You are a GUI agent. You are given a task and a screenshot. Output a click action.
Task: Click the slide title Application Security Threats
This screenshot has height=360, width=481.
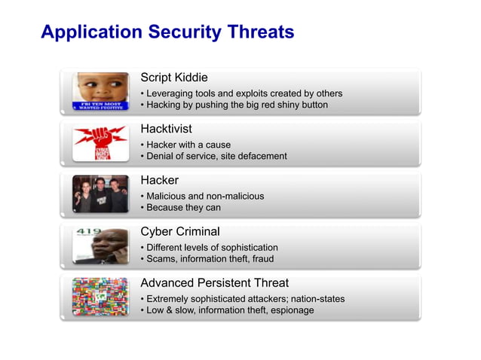point(167,32)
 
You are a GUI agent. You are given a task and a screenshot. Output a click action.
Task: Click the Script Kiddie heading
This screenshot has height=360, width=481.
point(174,78)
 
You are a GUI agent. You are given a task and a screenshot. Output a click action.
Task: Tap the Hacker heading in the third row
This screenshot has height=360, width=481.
point(160,180)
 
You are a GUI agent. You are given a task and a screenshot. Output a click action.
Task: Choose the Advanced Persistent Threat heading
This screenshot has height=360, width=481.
point(215,283)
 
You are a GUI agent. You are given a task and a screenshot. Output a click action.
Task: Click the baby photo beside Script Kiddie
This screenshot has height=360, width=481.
point(100,92)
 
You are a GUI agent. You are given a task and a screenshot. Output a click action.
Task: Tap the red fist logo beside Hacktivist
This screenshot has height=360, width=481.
point(100,143)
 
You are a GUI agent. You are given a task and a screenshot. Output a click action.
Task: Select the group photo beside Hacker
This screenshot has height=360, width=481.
point(100,194)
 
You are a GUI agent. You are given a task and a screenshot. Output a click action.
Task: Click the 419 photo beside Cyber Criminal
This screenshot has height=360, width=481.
point(100,246)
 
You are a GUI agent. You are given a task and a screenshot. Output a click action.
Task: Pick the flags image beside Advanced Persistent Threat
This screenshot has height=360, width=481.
point(100,297)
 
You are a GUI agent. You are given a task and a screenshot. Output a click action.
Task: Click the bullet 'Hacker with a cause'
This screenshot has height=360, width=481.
point(188,145)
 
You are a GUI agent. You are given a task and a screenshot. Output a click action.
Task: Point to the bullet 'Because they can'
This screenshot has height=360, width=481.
point(183,208)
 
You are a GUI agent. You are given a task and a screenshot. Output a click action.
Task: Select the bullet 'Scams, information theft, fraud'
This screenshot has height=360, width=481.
point(210,259)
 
